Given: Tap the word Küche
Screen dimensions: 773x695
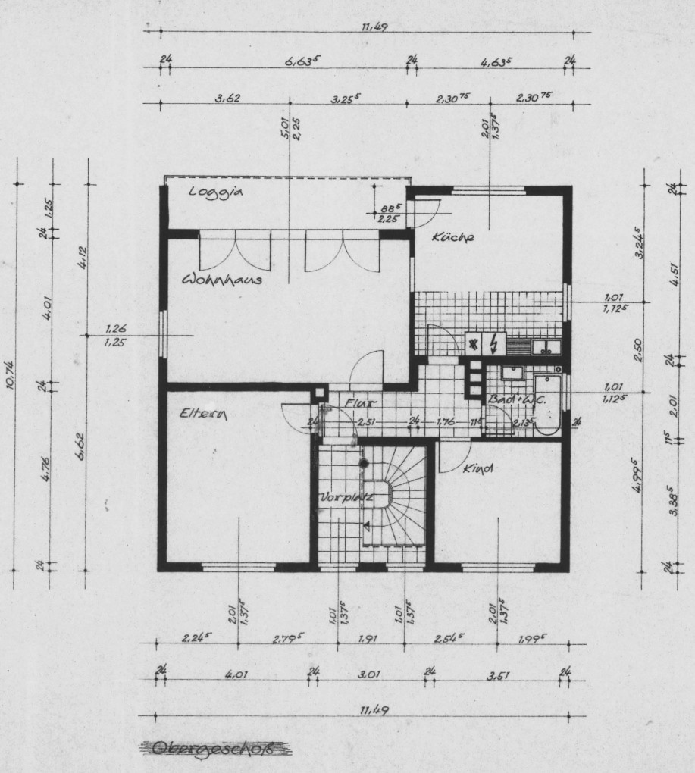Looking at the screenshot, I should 452,237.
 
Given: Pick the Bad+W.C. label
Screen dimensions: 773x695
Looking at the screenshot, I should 509,398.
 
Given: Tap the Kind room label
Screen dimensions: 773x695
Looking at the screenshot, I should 478,469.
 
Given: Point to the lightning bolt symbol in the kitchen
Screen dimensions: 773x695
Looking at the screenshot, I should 493,345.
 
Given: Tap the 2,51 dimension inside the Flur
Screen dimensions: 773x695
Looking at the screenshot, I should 368,421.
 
